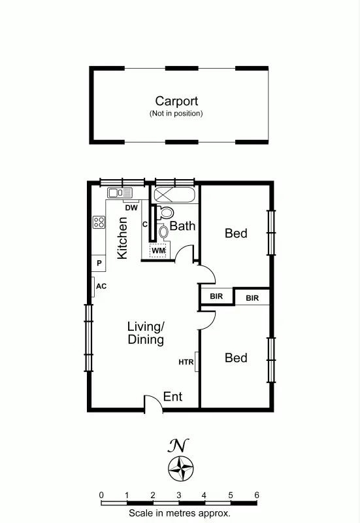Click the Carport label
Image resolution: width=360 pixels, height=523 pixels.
(176, 101)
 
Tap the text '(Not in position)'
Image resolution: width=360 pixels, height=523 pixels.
(176, 113)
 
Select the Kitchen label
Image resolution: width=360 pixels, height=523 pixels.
(122, 238)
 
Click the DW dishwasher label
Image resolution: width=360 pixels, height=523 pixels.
(131, 208)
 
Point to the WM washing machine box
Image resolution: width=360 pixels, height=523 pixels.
(159, 250)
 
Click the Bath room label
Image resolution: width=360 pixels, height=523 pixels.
(183, 226)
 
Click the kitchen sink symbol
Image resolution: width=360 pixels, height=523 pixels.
(120, 192)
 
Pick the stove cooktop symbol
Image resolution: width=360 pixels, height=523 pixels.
(99, 222)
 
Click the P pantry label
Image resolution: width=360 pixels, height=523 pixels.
(99, 263)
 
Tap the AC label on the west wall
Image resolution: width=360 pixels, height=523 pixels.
(101, 286)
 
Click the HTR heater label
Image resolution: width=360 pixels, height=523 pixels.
(186, 362)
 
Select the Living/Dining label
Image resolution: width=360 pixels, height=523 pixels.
(146, 333)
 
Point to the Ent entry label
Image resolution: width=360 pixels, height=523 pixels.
(172, 396)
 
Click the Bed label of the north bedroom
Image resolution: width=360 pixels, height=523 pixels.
(236, 232)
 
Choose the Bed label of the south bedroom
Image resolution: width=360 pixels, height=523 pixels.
(236, 358)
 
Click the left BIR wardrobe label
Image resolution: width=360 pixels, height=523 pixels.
(216, 296)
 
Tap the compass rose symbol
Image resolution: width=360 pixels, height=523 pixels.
(180, 468)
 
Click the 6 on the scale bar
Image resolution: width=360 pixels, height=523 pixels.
(256, 495)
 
